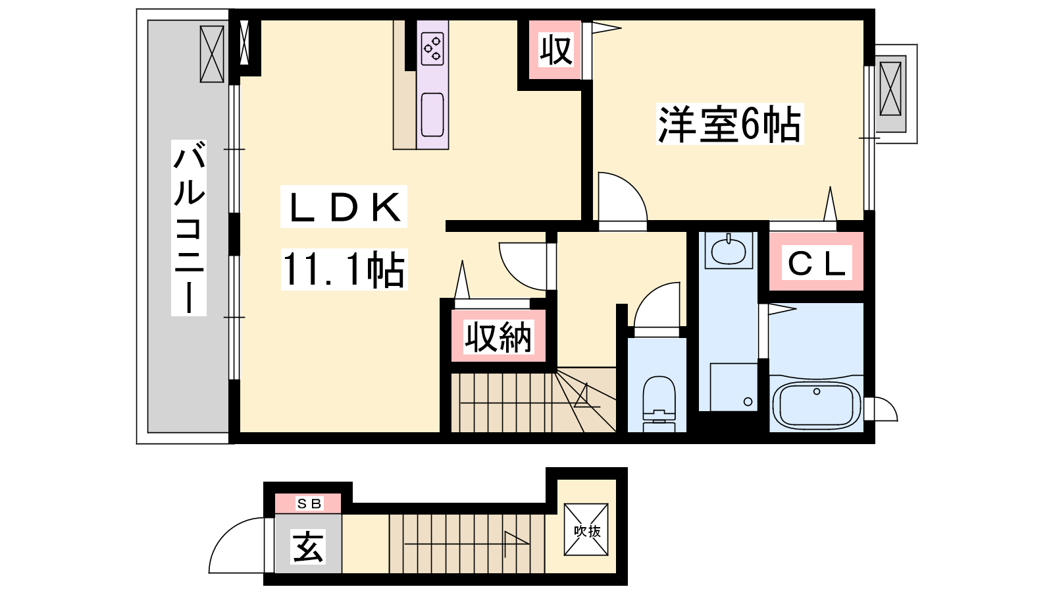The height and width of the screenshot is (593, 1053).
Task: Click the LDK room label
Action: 344,207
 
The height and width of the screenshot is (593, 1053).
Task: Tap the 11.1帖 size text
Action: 344,269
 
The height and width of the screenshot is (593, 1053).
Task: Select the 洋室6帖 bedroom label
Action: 729,124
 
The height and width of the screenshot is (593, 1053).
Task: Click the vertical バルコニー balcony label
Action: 189,227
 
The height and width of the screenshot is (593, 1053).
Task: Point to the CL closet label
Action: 816,264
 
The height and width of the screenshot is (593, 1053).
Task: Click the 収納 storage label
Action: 498,337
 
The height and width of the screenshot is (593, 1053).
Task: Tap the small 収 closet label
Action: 555,49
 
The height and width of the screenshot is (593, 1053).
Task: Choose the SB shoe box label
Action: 309,503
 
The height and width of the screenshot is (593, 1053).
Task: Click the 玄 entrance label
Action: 309,546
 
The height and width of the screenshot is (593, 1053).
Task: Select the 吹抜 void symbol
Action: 586,530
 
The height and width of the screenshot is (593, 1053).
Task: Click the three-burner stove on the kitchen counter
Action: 432,49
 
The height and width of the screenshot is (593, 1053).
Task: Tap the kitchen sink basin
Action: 432,115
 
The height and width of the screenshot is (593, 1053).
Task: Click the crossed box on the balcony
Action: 211,54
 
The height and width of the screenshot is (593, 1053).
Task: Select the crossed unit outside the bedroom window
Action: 890,89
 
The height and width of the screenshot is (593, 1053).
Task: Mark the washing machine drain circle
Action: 748,402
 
